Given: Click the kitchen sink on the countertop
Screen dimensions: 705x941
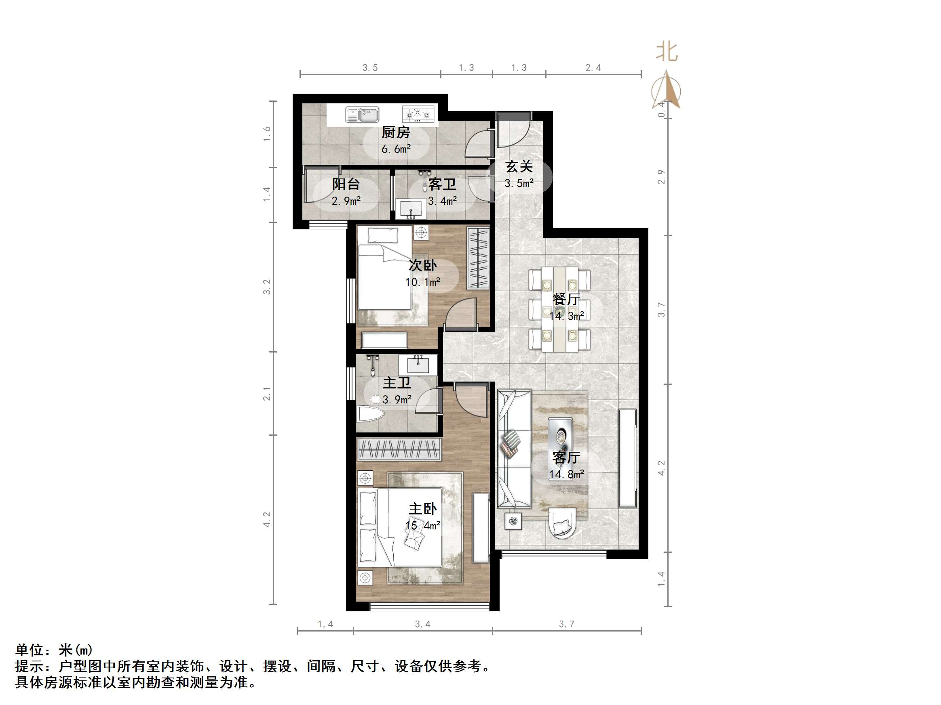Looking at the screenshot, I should [362, 115].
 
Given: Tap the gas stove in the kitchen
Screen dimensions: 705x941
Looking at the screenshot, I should [417, 114].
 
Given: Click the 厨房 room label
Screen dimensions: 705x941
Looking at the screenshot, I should [396, 132].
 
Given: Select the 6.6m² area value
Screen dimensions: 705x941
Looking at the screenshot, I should [396, 149].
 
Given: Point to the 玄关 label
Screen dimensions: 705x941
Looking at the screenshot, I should [519, 167].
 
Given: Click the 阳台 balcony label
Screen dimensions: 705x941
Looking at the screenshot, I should [346, 185].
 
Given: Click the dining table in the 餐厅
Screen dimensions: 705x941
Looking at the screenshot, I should [559, 309].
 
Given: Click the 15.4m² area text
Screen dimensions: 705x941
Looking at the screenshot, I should [422, 526].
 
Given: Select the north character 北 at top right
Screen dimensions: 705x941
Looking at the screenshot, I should [666, 52].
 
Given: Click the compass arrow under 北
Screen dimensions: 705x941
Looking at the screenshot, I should [666, 90].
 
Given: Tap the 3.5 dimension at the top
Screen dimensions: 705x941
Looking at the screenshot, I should [370, 68].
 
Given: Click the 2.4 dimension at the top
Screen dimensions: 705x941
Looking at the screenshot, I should [593, 68].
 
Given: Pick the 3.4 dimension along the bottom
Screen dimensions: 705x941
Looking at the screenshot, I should [422, 624].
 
